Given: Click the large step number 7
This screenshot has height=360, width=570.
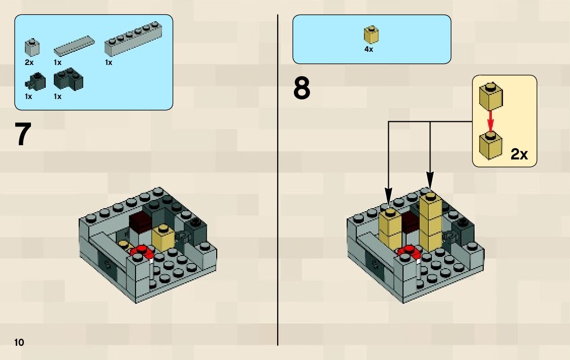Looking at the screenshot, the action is tap(23, 134).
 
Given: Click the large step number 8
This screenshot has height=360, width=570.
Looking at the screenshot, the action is tap(301, 88).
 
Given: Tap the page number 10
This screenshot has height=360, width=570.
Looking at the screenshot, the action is tap(19, 342).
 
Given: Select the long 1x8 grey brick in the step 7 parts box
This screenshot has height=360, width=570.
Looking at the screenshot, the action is tap(133, 39).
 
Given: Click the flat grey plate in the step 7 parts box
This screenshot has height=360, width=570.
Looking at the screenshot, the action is tap(74, 46).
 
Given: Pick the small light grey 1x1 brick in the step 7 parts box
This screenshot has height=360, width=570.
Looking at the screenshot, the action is tap(32, 47).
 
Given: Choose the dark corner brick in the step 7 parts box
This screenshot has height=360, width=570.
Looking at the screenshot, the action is tap(69, 79).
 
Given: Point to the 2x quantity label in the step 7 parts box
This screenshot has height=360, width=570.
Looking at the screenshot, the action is tap(29, 62).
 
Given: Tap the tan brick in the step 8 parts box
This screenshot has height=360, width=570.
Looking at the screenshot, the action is tap(371, 35).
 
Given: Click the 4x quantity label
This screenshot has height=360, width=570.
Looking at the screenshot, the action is tap(368, 49).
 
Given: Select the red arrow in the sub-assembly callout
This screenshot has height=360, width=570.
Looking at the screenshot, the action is tap(491, 122).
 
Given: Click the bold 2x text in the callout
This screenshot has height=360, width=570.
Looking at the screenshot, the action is tap(519, 154).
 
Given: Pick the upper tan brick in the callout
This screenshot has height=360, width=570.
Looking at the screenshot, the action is tap(491, 96).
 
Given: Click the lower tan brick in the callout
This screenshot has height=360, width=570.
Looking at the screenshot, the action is tap(491, 145).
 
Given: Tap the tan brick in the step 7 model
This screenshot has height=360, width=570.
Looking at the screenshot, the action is tap(163, 238).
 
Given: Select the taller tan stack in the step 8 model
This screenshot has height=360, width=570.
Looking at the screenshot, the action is tap(431, 222).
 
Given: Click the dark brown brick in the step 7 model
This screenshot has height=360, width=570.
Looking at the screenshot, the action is tap(140, 222).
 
